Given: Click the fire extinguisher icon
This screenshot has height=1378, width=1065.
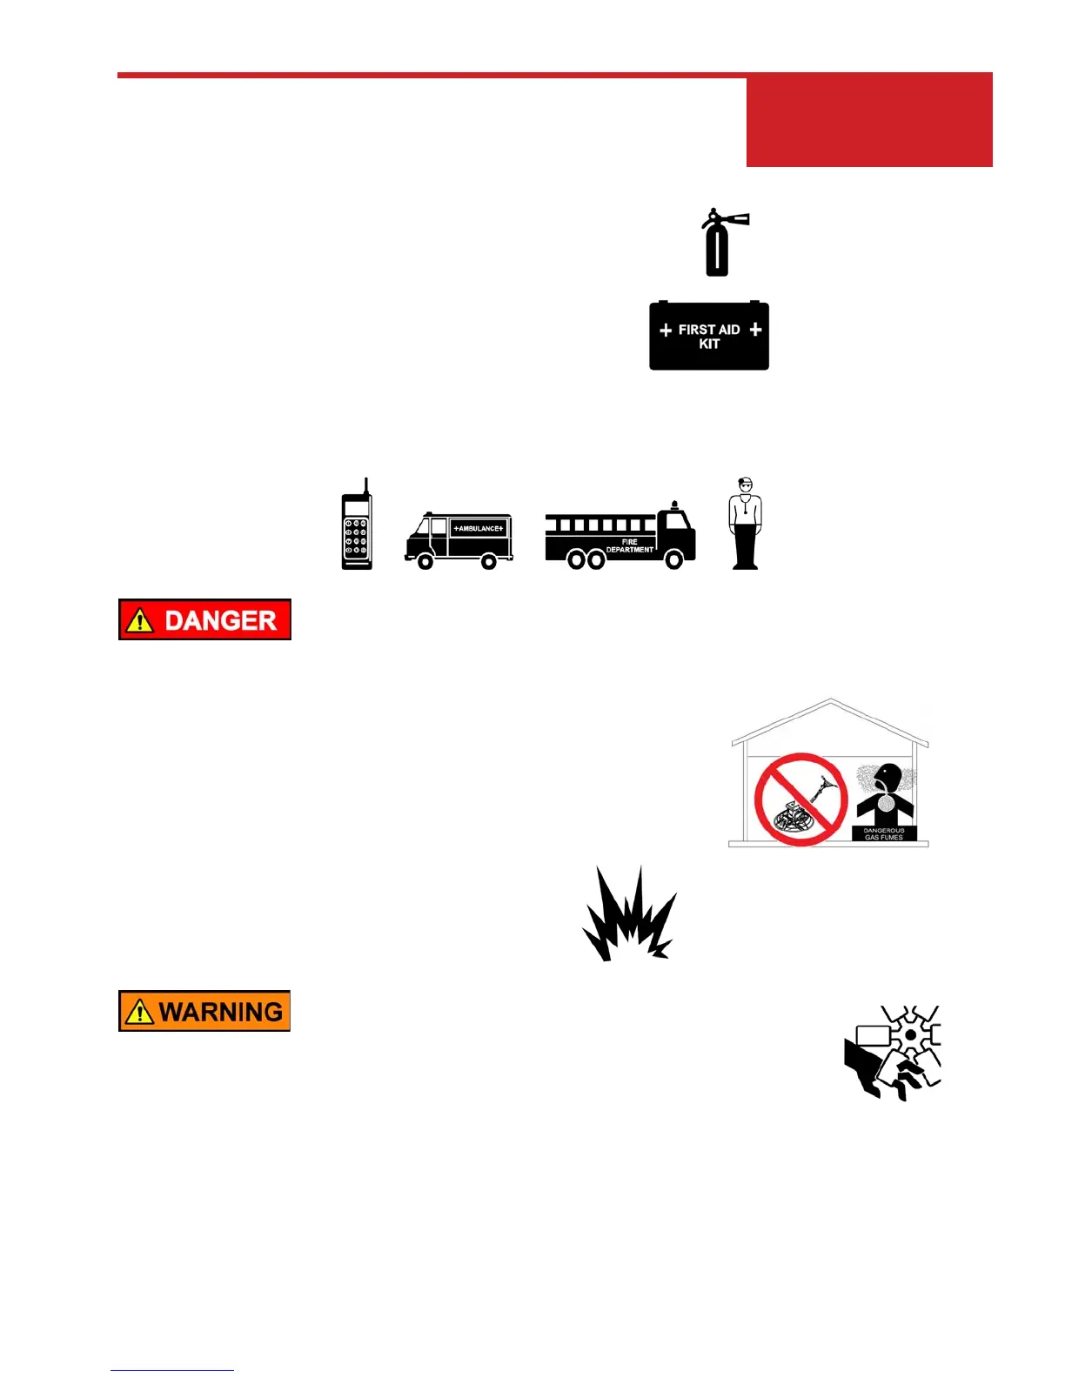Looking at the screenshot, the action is click(x=717, y=244).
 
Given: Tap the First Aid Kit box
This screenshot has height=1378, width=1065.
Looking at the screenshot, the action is click(x=709, y=337).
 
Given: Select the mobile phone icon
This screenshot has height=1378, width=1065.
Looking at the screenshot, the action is click(x=357, y=531).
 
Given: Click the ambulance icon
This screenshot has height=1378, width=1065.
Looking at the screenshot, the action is click(x=459, y=539).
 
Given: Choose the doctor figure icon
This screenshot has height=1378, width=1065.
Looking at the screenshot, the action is click(x=745, y=524).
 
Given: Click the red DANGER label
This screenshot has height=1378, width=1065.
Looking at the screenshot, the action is click(x=204, y=619).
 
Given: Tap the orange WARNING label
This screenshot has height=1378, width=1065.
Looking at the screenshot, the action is click(x=204, y=1011).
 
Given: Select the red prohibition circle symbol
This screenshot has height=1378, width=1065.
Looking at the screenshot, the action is click(x=800, y=799).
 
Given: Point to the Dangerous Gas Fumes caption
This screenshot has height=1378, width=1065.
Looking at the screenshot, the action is click(x=884, y=834).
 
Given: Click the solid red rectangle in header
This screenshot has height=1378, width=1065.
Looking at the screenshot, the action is click(x=869, y=121).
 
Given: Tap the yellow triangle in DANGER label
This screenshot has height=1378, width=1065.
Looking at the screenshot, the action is click(x=139, y=620).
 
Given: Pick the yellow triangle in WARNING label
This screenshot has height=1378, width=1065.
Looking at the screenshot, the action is click(x=139, y=1012).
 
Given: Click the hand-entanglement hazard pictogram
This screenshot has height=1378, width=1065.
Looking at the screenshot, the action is click(x=894, y=1053).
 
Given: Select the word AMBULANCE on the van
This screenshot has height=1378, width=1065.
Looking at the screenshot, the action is click(x=479, y=528).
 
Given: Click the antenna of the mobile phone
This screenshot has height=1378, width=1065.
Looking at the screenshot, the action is click(x=367, y=485).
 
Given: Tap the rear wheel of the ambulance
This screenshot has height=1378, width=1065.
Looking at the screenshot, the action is click(x=489, y=562).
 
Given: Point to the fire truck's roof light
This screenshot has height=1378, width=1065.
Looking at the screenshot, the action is click(x=675, y=505).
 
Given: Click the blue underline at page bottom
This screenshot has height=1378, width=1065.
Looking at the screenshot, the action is click(x=172, y=1370).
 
